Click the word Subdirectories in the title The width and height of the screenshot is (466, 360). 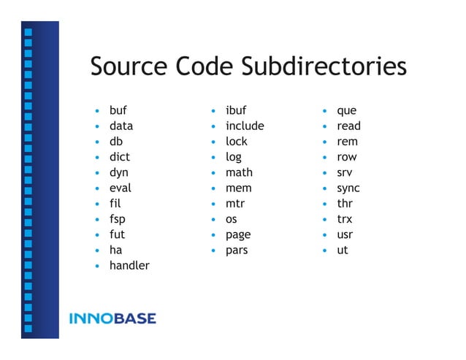[324, 67]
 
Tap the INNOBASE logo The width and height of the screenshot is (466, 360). [112, 318]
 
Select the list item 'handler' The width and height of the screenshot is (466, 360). [129, 266]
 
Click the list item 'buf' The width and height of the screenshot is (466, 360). [118, 111]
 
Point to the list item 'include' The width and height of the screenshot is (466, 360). [245, 126]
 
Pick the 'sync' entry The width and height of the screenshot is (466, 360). [348, 188]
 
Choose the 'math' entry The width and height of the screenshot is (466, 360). [239, 173]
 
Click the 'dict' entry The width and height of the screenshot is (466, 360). [120, 157]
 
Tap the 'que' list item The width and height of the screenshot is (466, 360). [346, 111]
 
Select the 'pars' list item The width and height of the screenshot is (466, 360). [237, 250]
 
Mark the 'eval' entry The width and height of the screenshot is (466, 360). [121, 188]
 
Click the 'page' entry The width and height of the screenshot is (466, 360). [238, 235]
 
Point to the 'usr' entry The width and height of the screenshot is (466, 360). [345, 235]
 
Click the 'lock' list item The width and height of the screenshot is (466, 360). [237, 142]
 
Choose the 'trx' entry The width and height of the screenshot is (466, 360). [344, 219]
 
